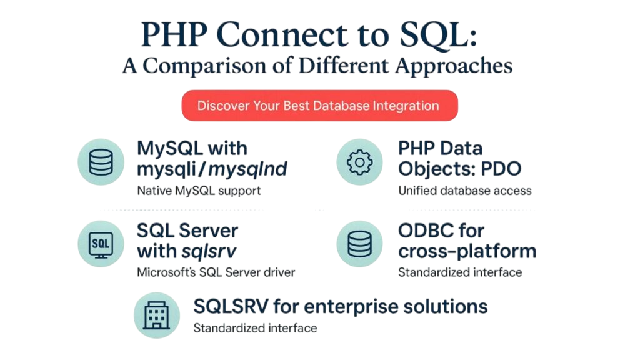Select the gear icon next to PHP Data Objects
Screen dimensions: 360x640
click(359, 162)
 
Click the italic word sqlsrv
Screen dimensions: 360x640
click(209, 251)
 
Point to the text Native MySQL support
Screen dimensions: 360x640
click(199, 191)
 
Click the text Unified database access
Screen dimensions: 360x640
click(464, 191)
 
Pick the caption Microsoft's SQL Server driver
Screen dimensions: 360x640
click(216, 272)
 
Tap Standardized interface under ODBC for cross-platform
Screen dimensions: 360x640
click(459, 272)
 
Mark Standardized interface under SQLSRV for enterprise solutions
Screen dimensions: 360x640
click(255, 327)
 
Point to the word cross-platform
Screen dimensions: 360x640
click(467, 251)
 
